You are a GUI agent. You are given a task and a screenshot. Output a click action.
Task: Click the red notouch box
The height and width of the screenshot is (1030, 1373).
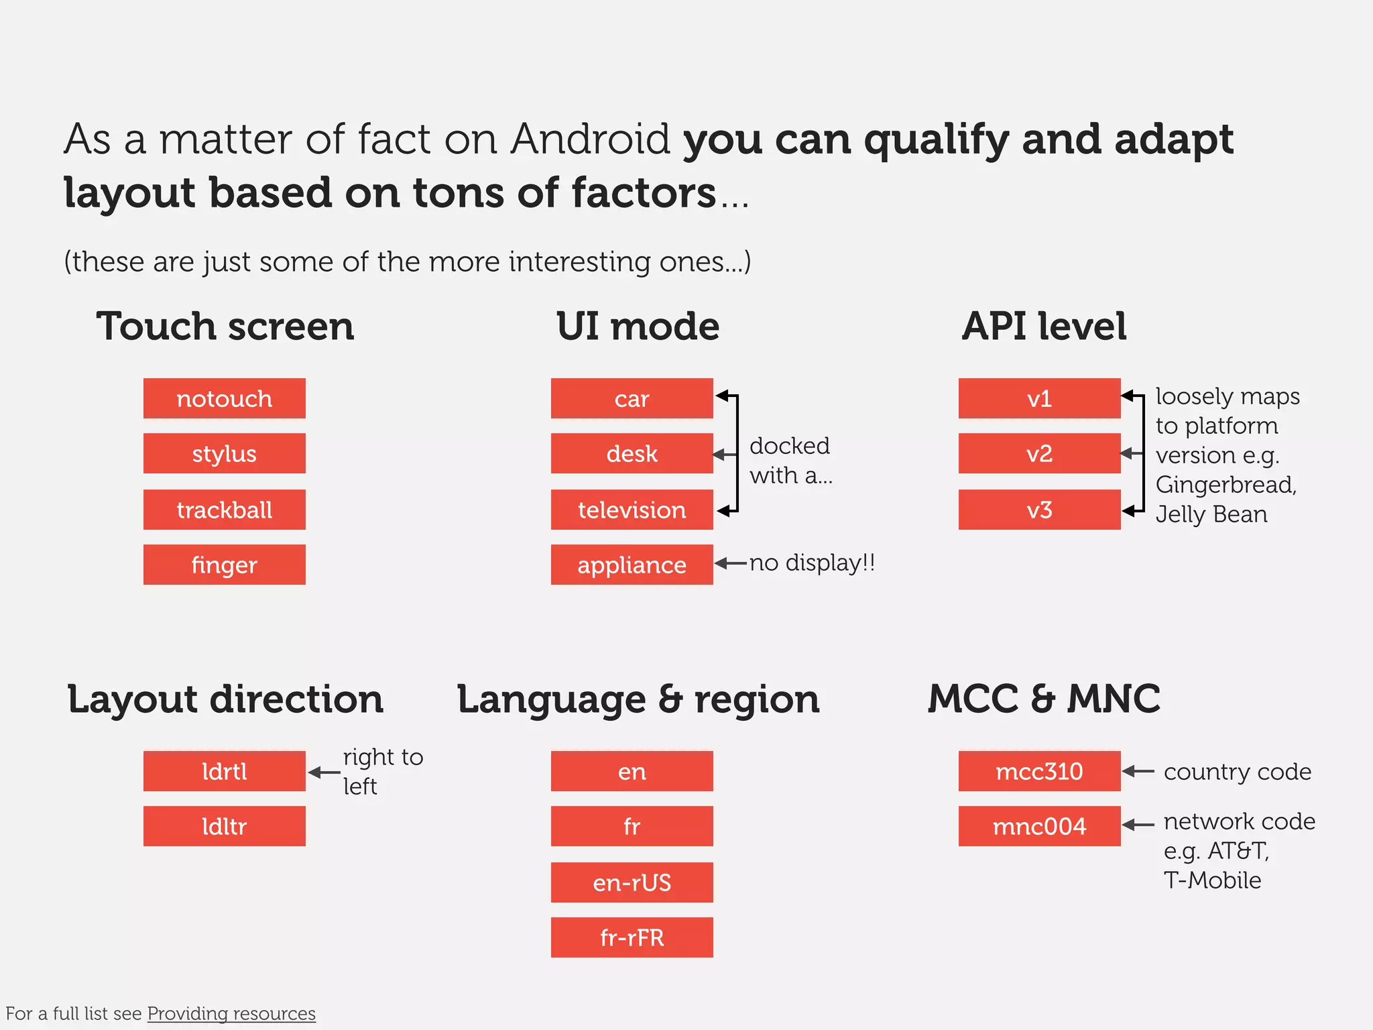224,398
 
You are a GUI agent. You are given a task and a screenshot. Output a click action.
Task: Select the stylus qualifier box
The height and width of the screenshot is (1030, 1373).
224,453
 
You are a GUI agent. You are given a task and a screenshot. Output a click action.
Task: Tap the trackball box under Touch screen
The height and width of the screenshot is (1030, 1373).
224,510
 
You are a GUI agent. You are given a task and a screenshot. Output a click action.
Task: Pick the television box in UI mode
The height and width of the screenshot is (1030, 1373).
632,510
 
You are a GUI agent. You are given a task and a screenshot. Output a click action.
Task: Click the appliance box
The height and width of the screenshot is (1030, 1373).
632,565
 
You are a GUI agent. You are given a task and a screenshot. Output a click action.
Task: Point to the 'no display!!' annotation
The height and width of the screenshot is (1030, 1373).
812,563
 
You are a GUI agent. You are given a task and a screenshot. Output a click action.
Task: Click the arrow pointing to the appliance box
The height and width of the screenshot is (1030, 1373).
730,563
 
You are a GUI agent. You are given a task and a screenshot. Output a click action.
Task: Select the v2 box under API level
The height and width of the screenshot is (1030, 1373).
1039,453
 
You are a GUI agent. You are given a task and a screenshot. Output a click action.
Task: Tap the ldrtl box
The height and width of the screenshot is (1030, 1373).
224,771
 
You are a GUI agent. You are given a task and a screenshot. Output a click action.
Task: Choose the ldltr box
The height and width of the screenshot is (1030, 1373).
224,826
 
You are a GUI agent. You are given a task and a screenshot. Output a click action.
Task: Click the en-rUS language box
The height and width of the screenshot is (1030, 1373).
632,882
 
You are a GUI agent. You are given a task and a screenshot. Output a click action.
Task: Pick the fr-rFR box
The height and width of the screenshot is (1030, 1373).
632,937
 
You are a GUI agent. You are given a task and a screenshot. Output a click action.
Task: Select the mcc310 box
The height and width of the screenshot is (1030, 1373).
1039,771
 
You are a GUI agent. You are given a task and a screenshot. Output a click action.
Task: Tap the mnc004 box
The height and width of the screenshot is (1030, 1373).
1039,826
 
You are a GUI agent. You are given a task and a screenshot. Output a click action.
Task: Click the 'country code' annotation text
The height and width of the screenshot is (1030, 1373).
1237,772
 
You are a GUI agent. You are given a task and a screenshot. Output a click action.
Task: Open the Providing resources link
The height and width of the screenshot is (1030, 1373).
231,1013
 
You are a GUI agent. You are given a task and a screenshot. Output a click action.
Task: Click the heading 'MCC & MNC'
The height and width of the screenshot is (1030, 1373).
1043,699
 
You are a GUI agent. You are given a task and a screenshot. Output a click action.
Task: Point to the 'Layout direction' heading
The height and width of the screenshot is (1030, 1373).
225,699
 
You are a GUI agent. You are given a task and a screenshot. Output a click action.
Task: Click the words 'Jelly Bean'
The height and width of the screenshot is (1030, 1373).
1211,514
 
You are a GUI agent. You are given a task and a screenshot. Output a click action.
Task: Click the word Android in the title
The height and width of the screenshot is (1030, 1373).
590,139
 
